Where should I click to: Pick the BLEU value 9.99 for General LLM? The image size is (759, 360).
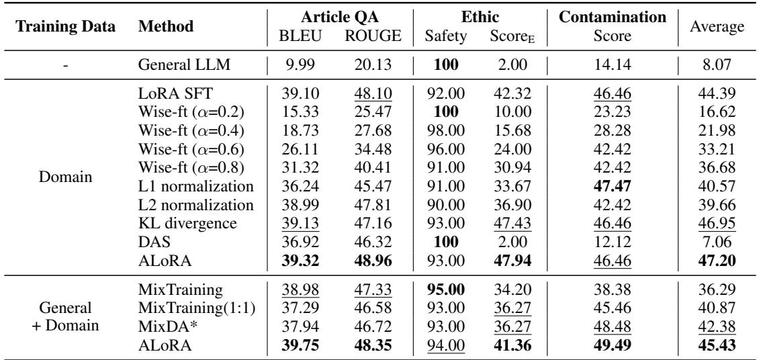click(x=295, y=66)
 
